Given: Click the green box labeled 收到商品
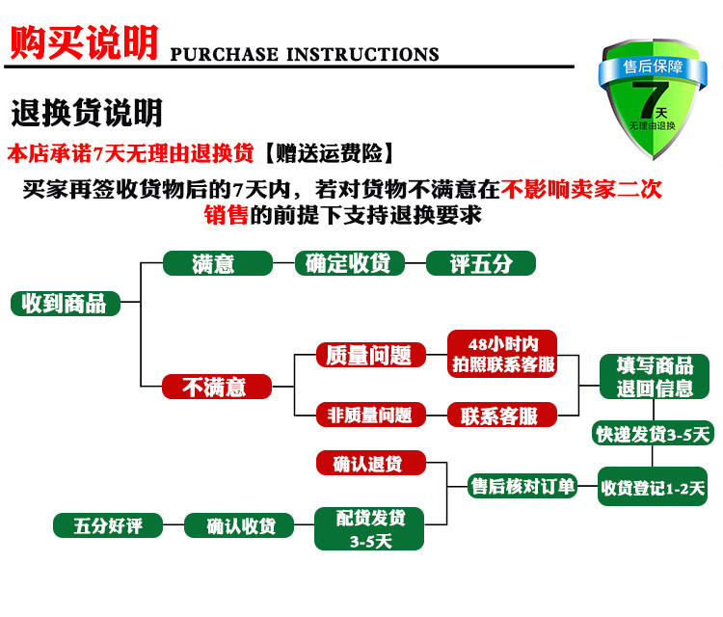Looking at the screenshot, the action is [65, 303].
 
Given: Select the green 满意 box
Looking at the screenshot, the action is [214, 263].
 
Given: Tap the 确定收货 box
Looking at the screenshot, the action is [347, 263].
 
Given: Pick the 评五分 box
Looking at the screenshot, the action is [480, 263].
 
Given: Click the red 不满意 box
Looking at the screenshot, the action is [214, 387].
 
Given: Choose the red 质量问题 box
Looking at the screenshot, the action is [369, 355].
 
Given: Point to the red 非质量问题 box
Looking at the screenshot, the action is [369, 415].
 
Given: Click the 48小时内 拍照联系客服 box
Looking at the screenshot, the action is [502, 354].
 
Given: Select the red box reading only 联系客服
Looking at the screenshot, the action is [502, 416].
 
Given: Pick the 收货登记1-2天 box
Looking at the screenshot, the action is [653, 488].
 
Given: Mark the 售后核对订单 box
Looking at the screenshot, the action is [522, 487].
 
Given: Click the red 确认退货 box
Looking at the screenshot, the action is [369, 464].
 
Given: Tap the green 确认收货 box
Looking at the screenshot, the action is [241, 525].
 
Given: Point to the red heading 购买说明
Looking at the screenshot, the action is [84, 43].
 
